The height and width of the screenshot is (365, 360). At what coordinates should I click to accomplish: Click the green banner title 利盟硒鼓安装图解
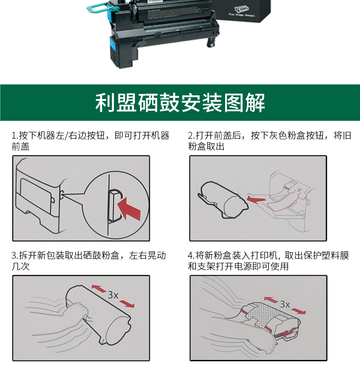(180, 103)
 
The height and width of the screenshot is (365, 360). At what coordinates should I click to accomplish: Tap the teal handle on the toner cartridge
(98, 9)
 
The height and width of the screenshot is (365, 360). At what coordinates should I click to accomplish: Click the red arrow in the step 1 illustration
(129, 209)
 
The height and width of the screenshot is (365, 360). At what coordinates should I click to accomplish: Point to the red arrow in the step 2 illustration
(256, 199)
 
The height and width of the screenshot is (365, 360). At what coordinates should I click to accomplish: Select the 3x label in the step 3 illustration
(113, 295)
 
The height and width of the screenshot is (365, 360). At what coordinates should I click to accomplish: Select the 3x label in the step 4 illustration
(285, 304)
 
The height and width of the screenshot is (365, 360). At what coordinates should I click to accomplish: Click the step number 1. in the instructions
(15, 135)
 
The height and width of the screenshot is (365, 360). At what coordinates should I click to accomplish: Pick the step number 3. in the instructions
(15, 255)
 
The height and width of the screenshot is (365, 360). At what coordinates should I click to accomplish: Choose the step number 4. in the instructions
(191, 255)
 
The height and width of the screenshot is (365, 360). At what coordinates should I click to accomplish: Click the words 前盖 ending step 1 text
(21, 146)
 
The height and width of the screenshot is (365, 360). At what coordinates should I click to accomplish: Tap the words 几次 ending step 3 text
(21, 266)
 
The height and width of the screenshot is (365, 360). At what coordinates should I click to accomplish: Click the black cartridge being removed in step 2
(223, 200)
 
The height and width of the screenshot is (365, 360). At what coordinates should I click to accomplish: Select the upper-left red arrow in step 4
(271, 300)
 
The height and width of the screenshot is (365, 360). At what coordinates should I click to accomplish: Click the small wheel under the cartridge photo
(211, 42)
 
